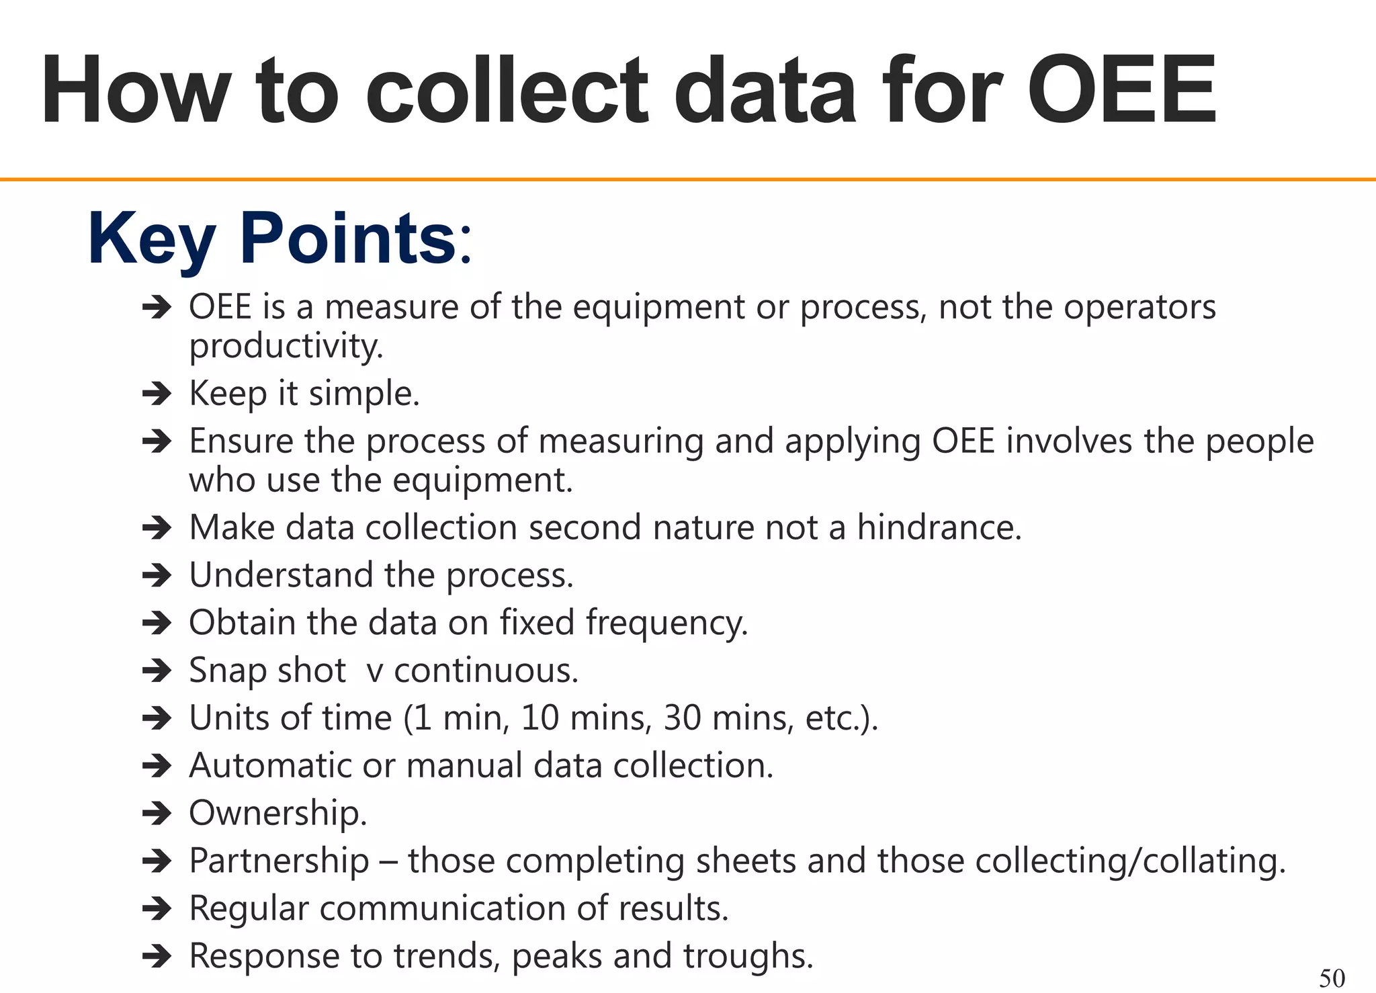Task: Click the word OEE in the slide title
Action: (x=1121, y=91)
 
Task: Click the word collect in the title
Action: (x=507, y=91)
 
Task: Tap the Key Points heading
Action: (x=279, y=239)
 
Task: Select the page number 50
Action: (x=1332, y=978)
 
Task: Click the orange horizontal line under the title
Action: (x=688, y=179)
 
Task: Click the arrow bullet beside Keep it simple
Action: (x=157, y=393)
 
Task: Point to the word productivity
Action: (x=286, y=347)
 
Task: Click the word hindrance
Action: (x=939, y=527)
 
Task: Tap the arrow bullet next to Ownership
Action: (x=157, y=814)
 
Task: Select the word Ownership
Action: (x=277, y=814)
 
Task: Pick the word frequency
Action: (x=666, y=623)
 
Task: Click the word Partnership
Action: (x=279, y=861)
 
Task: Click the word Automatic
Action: (x=270, y=766)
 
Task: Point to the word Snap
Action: (x=227, y=671)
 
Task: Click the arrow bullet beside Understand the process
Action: (x=157, y=575)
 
